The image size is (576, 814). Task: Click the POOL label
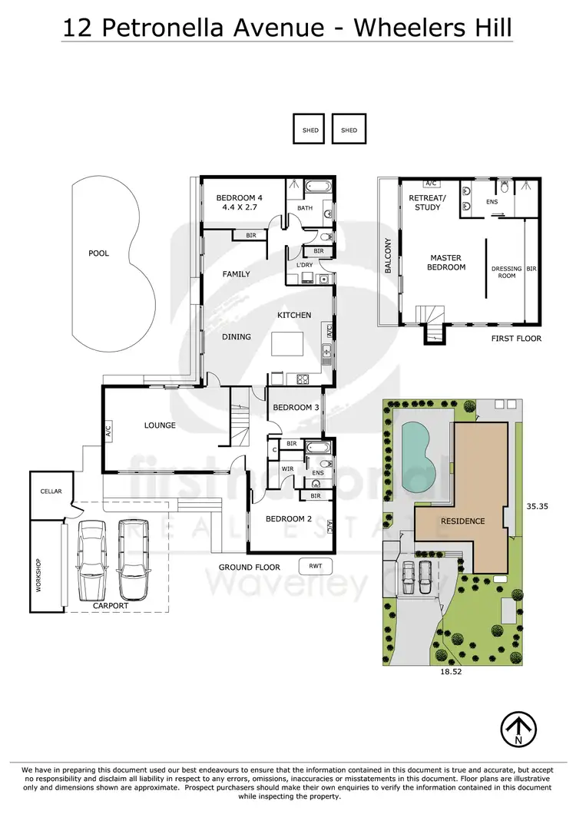coord(98,253)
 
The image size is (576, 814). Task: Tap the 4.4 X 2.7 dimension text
coord(237,207)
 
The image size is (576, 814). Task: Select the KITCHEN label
coord(294,315)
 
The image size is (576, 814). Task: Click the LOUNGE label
coord(160,425)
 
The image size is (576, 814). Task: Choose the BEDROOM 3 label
coord(296,407)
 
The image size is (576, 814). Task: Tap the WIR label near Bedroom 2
coord(288,468)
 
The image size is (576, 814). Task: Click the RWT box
coord(315,567)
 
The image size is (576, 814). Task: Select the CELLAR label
coord(51,491)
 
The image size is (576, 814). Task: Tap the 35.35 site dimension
coord(538,507)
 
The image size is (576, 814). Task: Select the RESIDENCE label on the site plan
coord(463,521)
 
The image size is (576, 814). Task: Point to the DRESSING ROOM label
coord(507,273)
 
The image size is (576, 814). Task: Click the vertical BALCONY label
coord(389,256)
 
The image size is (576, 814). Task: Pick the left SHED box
coord(310,130)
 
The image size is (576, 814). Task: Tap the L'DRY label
coord(304,265)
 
